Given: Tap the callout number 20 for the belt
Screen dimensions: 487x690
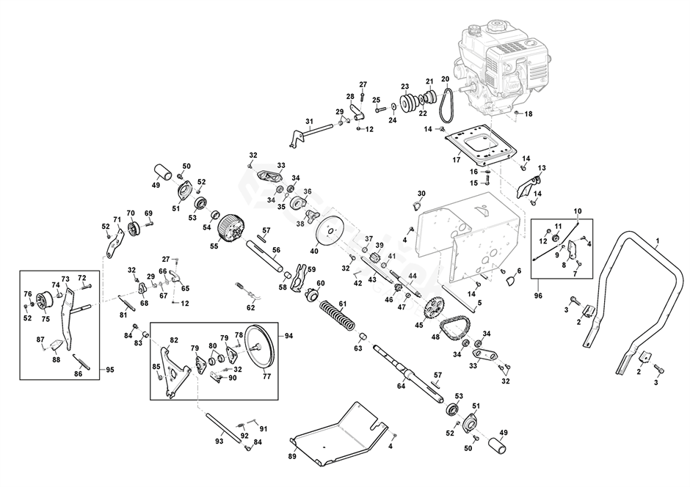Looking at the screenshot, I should [x=445, y=79].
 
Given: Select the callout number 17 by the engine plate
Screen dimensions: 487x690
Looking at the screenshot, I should [x=456, y=160].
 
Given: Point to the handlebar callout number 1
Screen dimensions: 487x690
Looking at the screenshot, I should [x=657, y=241].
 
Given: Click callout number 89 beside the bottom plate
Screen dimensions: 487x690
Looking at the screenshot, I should [x=291, y=455].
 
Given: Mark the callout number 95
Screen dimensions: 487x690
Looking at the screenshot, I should [x=110, y=368].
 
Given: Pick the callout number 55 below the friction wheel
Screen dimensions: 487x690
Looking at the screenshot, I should [x=214, y=246].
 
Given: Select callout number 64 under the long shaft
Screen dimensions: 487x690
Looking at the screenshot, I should [x=401, y=385].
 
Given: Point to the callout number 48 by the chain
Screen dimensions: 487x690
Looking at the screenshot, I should [x=435, y=337].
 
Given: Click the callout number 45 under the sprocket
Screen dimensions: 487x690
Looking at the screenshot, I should [x=418, y=326].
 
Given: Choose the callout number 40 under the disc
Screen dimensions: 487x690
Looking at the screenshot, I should [x=314, y=251].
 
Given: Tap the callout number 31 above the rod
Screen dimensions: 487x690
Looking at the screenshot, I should [x=309, y=121].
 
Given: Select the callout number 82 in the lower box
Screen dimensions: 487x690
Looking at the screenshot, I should [x=173, y=340].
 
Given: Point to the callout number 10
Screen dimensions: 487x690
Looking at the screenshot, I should [x=578, y=211].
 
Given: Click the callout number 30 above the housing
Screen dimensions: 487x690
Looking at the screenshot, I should [x=421, y=194].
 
